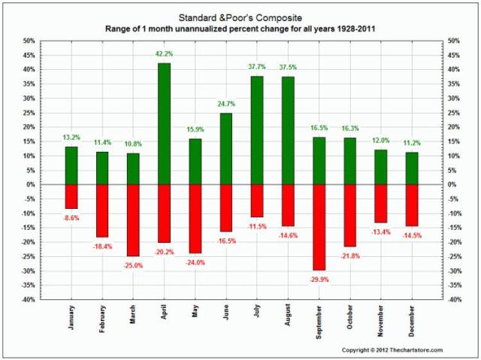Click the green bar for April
tap(164, 123)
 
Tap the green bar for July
tap(256, 130)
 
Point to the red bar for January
tap(71, 196)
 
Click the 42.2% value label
tap(164, 54)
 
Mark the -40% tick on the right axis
tap(454, 300)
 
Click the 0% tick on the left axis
tap(28, 185)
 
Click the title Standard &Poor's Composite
tap(240, 16)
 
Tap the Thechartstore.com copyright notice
tap(392, 350)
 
